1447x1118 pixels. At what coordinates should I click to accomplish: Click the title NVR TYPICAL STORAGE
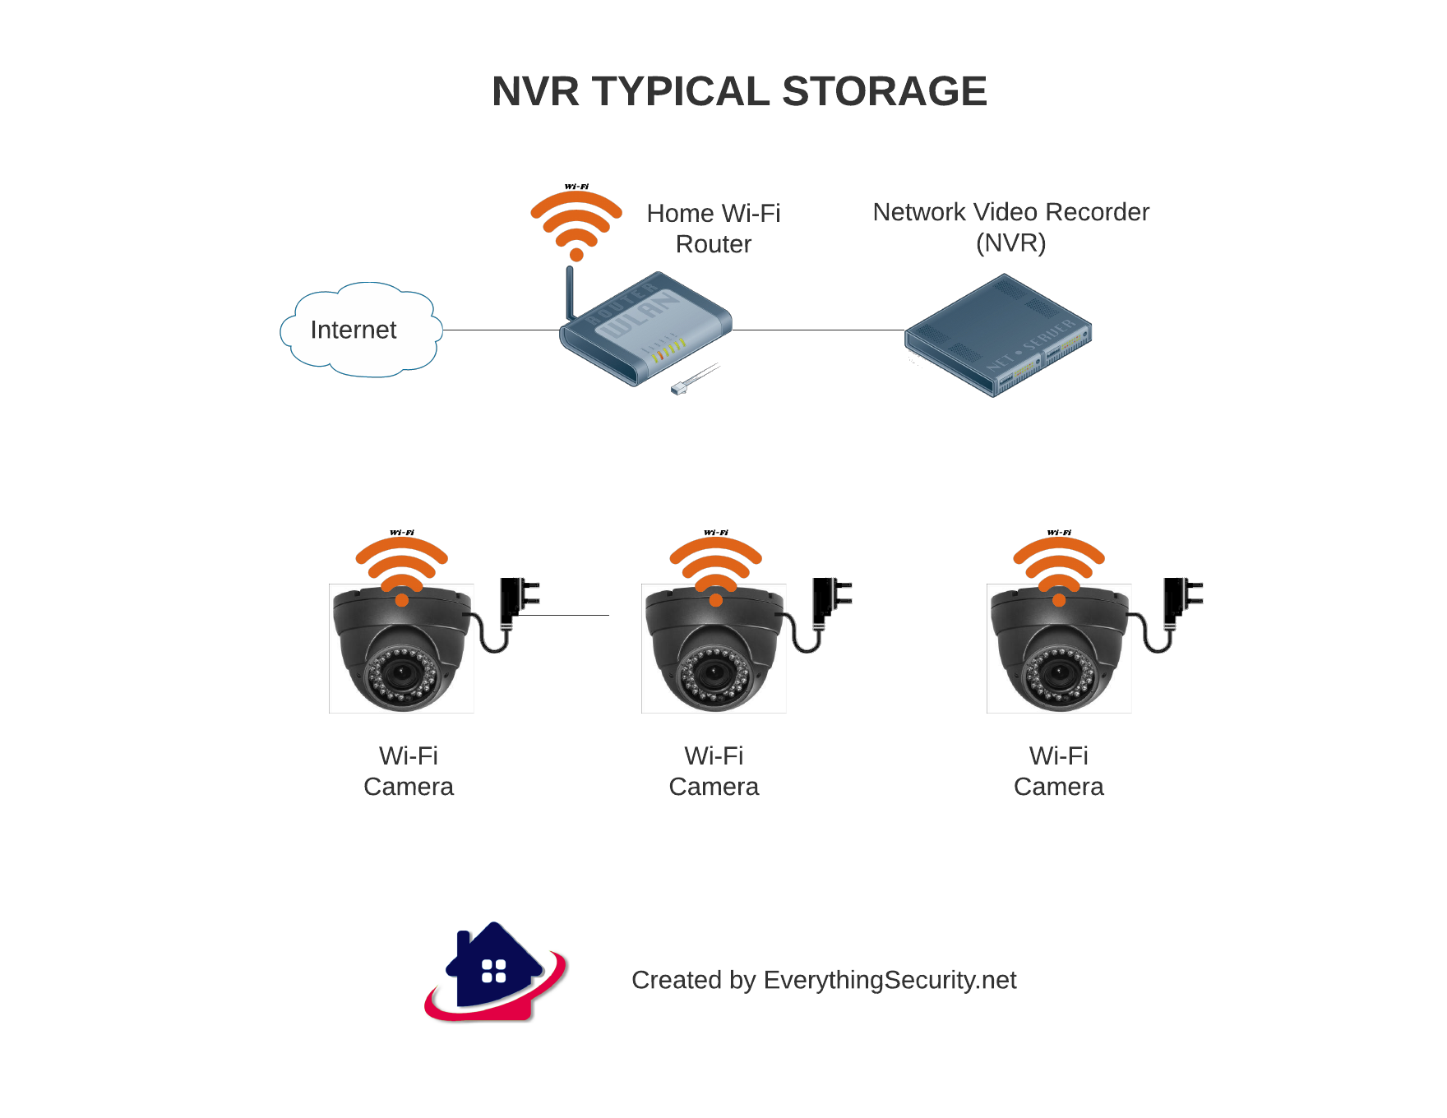coord(739,91)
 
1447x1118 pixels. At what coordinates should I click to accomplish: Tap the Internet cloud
coord(358,330)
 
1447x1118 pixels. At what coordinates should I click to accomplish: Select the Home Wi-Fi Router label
coord(713,229)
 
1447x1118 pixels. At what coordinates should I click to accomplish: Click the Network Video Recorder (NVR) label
coord(1010,227)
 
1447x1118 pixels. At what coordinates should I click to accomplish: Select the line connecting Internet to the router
coord(502,330)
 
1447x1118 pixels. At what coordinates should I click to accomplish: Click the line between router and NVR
coord(818,330)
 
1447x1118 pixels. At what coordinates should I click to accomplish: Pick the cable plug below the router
coord(681,388)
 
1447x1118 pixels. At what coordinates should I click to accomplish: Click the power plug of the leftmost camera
coord(516,600)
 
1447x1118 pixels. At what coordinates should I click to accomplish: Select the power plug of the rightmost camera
coord(1181,600)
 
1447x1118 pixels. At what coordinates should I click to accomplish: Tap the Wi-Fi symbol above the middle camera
coord(715,566)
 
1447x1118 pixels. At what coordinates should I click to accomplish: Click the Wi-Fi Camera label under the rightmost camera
coord(1058,771)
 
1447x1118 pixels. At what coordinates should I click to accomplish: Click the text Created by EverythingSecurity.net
coord(824,980)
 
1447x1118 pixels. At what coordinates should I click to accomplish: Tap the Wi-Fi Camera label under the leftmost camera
coord(409,771)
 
